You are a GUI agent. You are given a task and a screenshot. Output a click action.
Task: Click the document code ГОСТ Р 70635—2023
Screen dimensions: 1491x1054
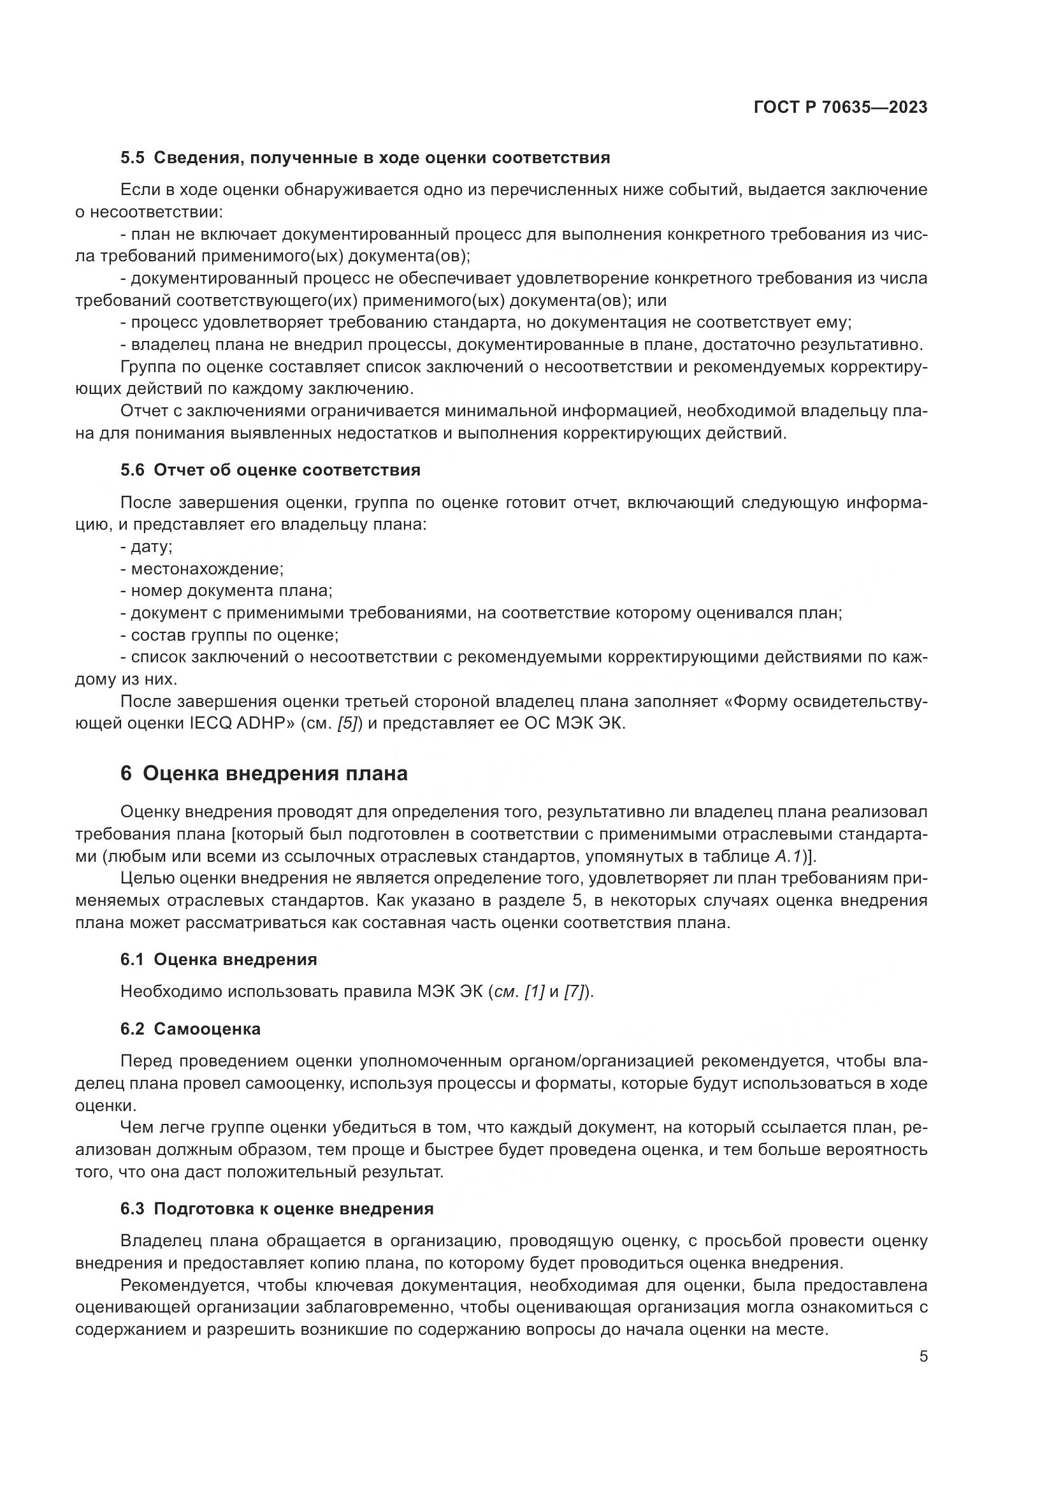(x=841, y=108)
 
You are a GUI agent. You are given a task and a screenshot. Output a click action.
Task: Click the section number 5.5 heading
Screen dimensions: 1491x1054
(x=133, y=158)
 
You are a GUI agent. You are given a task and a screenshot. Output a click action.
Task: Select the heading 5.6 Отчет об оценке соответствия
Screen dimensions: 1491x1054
(x=270, y=470)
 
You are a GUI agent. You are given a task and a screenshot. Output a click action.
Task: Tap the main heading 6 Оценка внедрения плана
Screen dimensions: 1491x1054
(x=264, y=773)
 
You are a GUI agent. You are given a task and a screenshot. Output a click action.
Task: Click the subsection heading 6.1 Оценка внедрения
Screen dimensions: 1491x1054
(x=219, y=959)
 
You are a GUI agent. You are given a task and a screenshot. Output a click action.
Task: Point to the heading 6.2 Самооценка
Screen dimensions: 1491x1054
(x=190, y=1029)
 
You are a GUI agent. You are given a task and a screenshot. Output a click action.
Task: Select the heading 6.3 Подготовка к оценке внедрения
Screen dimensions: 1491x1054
(x=277, y=1209)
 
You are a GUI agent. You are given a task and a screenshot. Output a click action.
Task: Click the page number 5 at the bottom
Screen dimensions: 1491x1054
(x=923, y=1356)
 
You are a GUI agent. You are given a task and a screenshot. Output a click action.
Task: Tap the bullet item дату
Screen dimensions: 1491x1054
(x=151, y=547)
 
